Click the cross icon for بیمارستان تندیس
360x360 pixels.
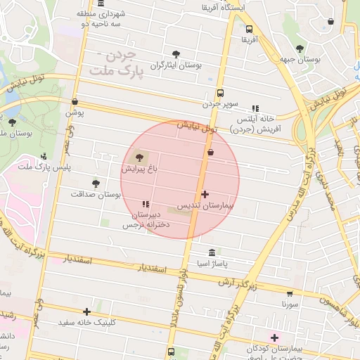(x=205, y=194)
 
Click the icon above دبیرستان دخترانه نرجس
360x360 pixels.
(x=146, y=204)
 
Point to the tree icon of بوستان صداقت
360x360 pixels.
(x=96, y=184)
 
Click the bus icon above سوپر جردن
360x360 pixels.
(x=220, y=93)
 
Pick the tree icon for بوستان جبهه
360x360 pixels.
(x=301, y=49)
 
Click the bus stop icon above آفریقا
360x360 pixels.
(x=249, y=29)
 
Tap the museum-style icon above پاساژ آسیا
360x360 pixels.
(x=212, y=253)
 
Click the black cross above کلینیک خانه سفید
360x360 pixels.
(x=87, y=311)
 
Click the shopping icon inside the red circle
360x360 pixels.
(x=210, y=151)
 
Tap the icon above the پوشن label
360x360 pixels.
(x=75, y=102)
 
